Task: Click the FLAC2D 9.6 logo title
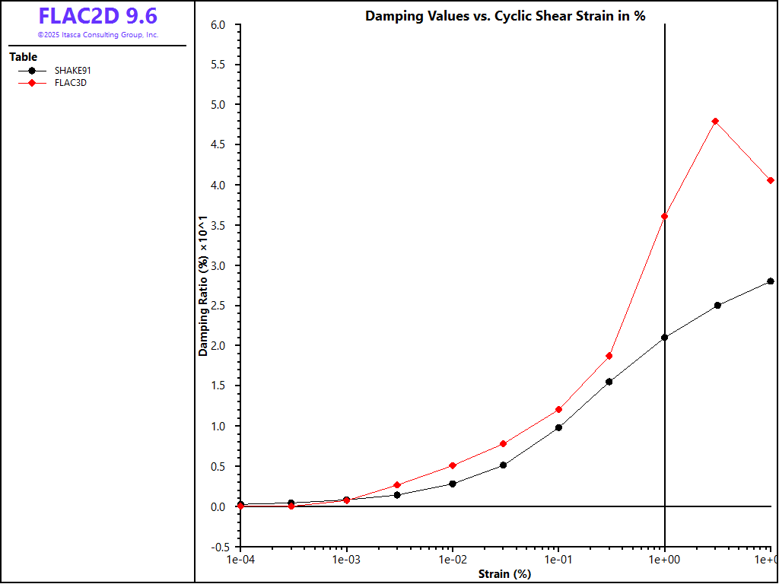click(x=98, y=16)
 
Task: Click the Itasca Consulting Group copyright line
click(x=98, y=35)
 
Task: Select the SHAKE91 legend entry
click(x=72, y=71)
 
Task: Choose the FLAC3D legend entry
click(x=70, y=83)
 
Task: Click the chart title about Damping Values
click(x=505, y=16)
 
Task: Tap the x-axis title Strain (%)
click(x=504, y=574)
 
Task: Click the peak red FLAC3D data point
click(x=715, y=121)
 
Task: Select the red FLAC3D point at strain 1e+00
click(x=665, y=216)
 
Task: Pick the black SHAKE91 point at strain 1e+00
click(x=665, y=337)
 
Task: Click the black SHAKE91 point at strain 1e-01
click(x=558, y=427)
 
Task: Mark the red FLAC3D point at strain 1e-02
click(x=453, y=465)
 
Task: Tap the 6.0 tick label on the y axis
click(x=218, y=25)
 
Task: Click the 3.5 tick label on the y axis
click(x=218, y=225)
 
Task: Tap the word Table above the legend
click(x=23, y=57)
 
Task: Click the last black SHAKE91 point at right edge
click(x=771, y=281)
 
